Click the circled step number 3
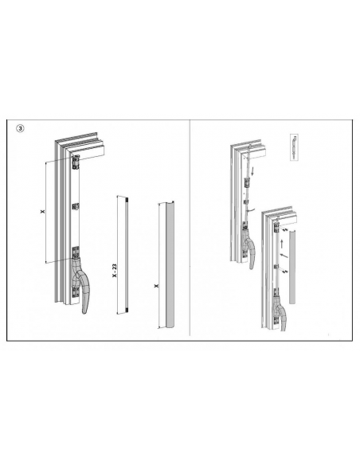[20, 129]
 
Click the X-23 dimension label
[115, 271]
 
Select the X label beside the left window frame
[43, 212]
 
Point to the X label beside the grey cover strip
[156, 286]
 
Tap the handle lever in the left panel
[82, 285]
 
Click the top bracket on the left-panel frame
[76, 162]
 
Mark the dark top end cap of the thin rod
[127, 199]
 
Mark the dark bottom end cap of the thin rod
[127, 311]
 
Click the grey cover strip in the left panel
[170, 265]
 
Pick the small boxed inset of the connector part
[294, 147]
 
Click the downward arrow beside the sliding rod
[252, 171]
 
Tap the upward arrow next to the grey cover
[282, 244]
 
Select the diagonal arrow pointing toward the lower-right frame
[284, 256]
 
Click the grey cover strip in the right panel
[292, 267]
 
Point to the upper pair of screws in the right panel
[285, 230]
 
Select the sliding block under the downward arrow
[246, 182]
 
